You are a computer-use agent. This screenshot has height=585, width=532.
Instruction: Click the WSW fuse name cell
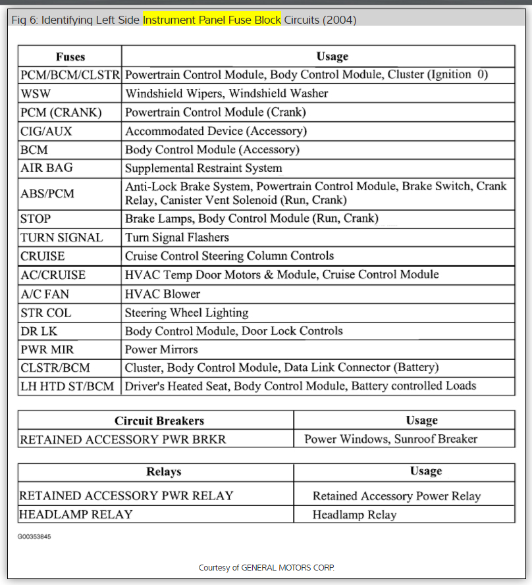click(36, 93)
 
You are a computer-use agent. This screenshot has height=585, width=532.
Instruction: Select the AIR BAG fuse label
click(47, 168)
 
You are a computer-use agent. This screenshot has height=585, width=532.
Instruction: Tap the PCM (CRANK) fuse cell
click(61, 113)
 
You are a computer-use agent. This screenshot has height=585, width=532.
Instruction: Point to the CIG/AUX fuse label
click(47, 131)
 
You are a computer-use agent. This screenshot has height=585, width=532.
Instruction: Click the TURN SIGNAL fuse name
click(62, 238)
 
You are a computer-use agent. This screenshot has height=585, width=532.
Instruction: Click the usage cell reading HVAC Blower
click(163, 294)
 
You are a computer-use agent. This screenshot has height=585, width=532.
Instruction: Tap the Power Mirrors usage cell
click(161, 349)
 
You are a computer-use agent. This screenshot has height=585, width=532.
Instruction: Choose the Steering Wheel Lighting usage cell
click(187, 313)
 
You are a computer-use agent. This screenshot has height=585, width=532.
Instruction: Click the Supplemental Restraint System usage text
click(203, 168)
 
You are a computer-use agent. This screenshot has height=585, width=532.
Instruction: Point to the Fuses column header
click(70, 57)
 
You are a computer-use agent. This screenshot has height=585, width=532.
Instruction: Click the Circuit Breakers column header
click(159, 420)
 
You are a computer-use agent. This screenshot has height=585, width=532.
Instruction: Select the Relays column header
click(163, 472)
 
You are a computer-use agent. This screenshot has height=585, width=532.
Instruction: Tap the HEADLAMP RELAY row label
click(76, 514)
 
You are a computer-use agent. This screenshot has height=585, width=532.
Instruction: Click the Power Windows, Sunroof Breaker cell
click(390, 439)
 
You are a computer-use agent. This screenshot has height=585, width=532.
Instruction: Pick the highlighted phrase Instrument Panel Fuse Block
click(212, 20)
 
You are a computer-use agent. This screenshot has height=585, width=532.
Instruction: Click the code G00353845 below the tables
click(34, 537)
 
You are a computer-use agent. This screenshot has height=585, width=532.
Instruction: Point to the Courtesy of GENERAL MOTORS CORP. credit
click(267, 567)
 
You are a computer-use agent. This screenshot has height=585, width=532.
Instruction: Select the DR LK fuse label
click(39, 331)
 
